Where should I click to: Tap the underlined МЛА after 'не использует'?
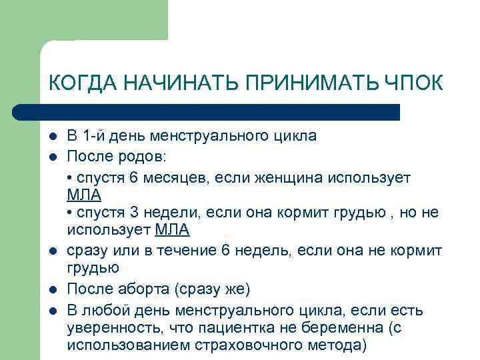172,231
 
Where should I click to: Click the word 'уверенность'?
107,328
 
